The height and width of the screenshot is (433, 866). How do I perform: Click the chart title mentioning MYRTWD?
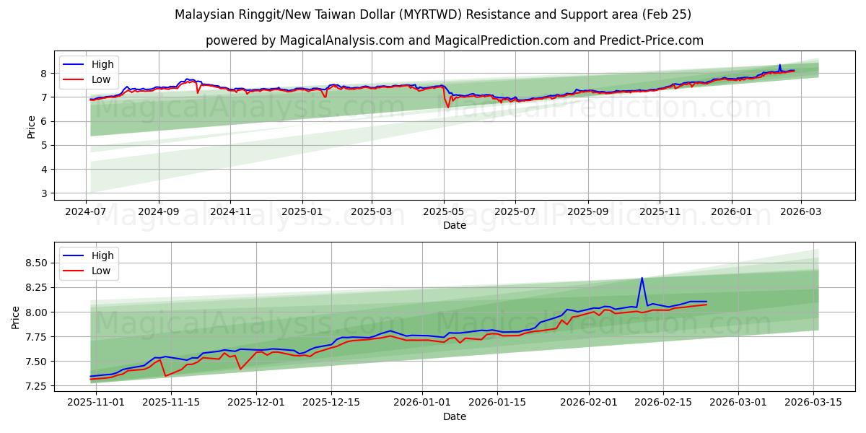pyautogui.click(x=433, y=14)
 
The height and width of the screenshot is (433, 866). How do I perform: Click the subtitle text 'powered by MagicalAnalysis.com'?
pyautogui.click(x=305, y=40)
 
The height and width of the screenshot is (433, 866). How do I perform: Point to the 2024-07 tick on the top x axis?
pyautogui.click(x=87, y=212)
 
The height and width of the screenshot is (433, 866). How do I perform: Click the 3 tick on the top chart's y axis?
pyautogui.click(x=43, y=193)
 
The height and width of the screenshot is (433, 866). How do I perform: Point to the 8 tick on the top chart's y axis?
pyautogui.click(x=43, y=73)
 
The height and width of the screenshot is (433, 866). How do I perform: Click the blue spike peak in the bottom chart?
pyautogui.click(x=642, y=278)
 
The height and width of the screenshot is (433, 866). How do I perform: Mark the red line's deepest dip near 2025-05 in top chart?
pyautogui.click(x=448, y=108)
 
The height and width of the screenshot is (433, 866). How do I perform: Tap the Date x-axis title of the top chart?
pyautogui.click(x=455, y=225)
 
